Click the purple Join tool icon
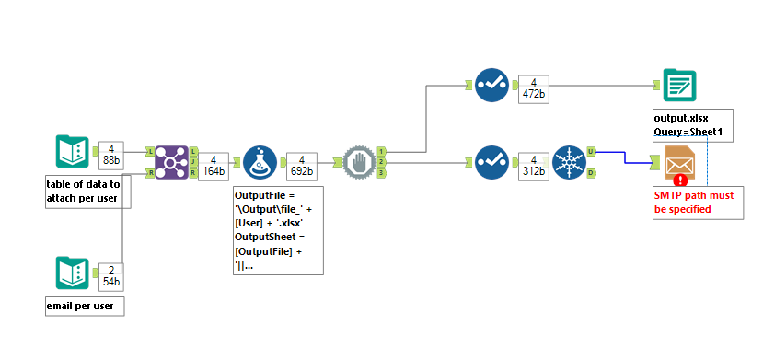click(x=171, y=163)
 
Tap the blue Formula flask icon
click(x=260, y=163)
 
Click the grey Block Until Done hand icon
click(x=357, y=163)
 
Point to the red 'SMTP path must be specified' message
click(x=692, y=203)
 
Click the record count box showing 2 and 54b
click(x=110, y=273)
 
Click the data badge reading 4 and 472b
click(x=535, y=89)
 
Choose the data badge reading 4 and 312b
click(x=535, y=167)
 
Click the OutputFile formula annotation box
click(x=278, y=230)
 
